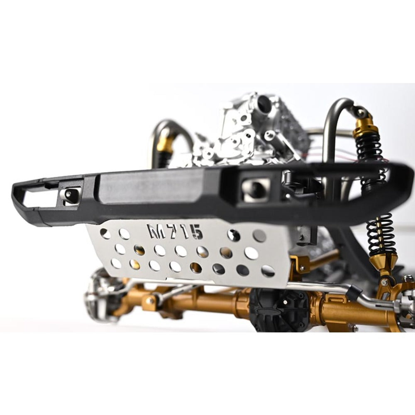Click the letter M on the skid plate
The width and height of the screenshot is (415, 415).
[x=157, y=230]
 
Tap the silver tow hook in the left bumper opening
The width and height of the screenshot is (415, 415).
[x=71, y=196]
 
